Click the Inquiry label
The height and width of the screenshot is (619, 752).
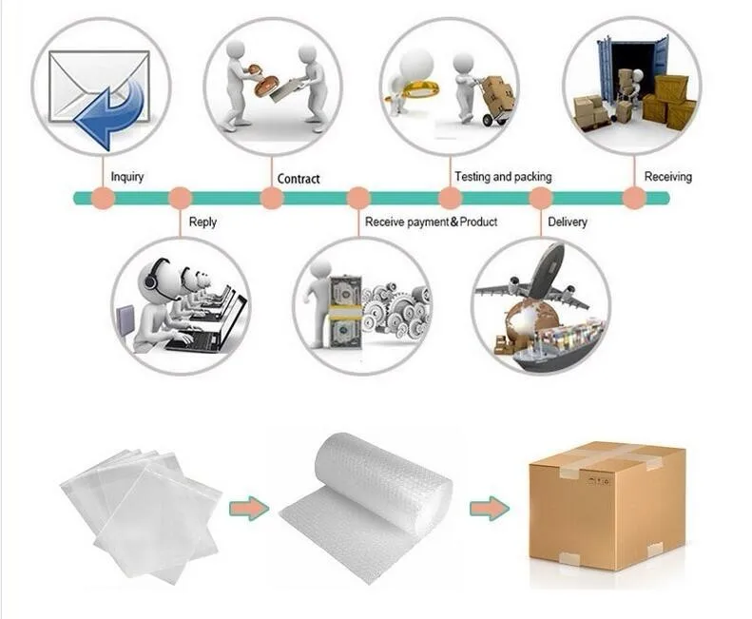[x=127, y=177]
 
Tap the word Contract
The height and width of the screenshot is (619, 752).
[x=299, y=179]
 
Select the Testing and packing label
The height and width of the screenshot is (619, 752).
[x=502, y=177]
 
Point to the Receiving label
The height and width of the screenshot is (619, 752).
[x=667, y=177]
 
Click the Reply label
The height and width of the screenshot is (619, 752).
[x=202, y=222]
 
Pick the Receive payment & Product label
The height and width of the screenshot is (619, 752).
[x=431, y=222]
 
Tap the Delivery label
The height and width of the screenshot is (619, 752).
[x=568, y=222]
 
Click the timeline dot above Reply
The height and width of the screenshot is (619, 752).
[x=180, y=199]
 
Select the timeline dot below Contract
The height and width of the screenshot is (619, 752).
[x=272, y=199]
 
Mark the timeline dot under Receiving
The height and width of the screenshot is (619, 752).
[x=633, y=198]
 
